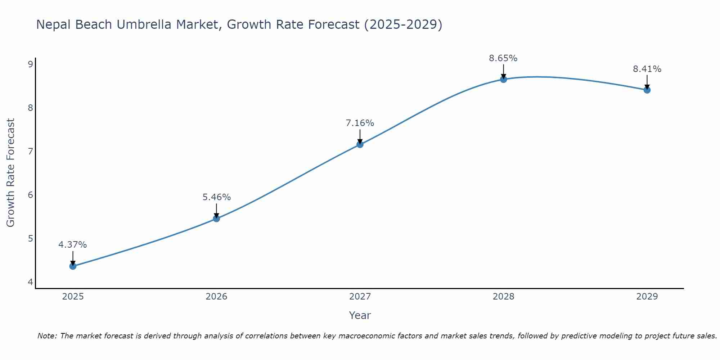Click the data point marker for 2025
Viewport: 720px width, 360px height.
pyautogui.click(x=73, y=266)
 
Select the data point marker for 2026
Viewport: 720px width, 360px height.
pyautogui.click(x=216, y=219)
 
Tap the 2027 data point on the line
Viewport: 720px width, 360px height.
pyautogui.click(x=360, y=144)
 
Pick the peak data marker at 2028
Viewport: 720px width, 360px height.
pyautogui.click(x=503, y=79)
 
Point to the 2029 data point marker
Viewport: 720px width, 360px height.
pyautogui.click(x=647, y=90)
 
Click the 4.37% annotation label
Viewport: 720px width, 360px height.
pyautogui.click(x=73, y=245)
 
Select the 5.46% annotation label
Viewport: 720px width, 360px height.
pyautogui.click(x=216, y=197)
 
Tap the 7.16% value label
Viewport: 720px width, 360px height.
pyautogui.click(x=360, y=123)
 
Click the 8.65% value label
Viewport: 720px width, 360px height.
pyautogui.click(x=503, y=58)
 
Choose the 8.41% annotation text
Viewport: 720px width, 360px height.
pyautogui.click(x=647, y=69)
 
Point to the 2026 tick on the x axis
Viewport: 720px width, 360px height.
pyautogui.click(x=216, y=297)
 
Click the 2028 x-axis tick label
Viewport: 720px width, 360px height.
pyautogui.click(x=503, y=297)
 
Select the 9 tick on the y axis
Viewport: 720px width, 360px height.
pyautogui.click(x=30, y=64)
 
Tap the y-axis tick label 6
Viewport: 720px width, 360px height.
pyautogui.click(x=30, y=195)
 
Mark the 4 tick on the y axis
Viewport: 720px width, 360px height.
pyautogui.click(x=30, y=282)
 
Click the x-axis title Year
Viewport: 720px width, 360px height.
pyautogui.click(x=360, y=315)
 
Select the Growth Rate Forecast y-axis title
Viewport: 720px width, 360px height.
pyautogui.click(x=11, y=173)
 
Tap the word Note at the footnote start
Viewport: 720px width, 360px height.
pyautogui.click(x=46, y=336)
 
